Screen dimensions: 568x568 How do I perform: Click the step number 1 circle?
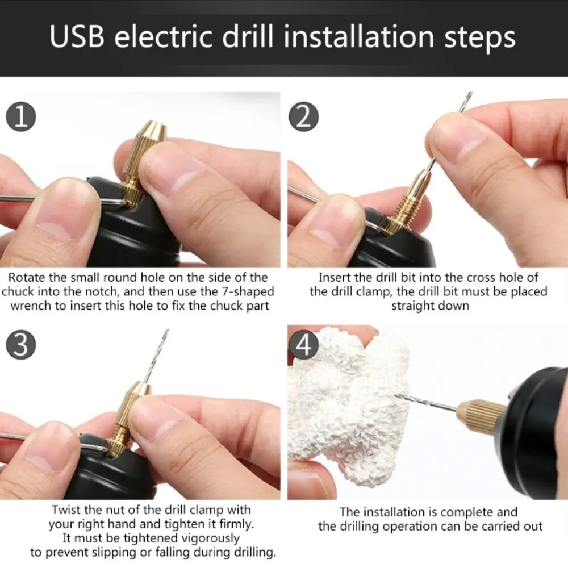(20, 117)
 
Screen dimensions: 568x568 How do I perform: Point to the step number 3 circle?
(20, 344)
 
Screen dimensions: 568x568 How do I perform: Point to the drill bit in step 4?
(426, 401)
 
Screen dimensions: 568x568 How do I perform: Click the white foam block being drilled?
(346, 409)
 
